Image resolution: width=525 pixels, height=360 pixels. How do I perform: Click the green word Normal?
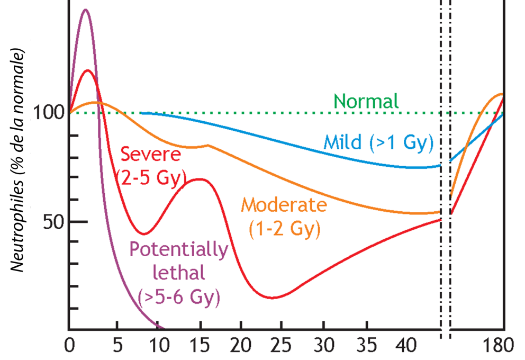(x=366, y=101)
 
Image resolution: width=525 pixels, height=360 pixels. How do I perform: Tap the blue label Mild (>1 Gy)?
(x=378, y=142)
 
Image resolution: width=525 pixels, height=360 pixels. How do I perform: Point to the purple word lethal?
(x=178, y=273)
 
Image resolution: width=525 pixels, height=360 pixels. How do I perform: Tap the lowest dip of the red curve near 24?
(x=272, y=298)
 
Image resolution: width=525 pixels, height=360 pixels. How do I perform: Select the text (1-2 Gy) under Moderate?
(x=284, y=229)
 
